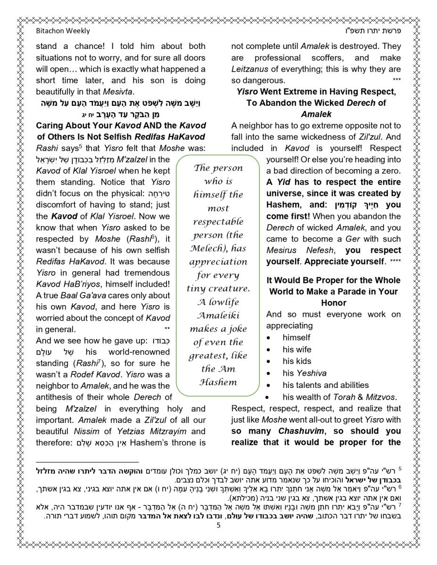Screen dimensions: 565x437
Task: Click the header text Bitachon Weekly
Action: tap(63, 31)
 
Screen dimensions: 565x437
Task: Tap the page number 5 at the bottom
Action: tap(218, 525)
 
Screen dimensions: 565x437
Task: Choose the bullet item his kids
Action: tap(297, 361)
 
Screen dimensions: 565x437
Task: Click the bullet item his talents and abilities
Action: tap(326, 385)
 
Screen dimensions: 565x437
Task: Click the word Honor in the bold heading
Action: tap(333, 303)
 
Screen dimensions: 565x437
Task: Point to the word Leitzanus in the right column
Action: tap(250, 69)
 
